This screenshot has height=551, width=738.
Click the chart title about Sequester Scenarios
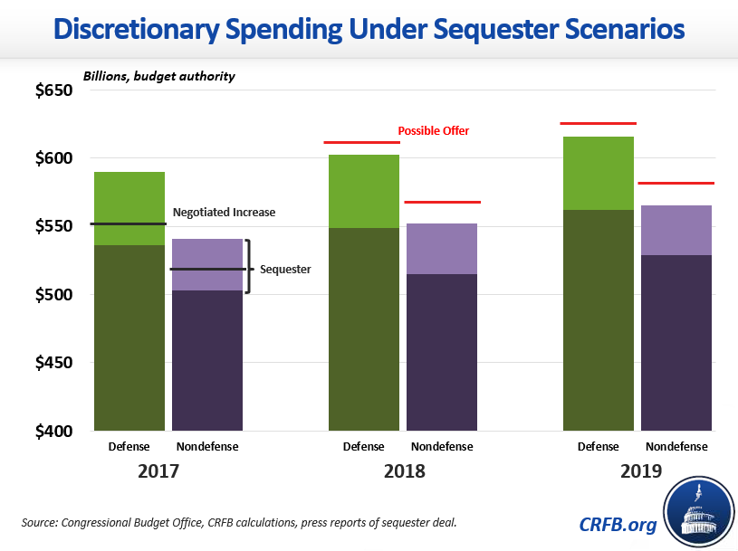coord(369,29)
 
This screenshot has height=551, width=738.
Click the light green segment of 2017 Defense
coord(129,208)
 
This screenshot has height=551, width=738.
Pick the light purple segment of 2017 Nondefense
coord(207,264)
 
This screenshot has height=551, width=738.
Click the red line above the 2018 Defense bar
coord(361,142)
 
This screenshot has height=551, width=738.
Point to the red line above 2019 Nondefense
coord(676,184)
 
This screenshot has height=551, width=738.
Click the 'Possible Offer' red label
coord(434,131)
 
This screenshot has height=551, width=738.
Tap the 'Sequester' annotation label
coord(285,269)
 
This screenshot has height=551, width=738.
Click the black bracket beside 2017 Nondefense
coord(248,266)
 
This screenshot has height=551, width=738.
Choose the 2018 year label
coord(403,471)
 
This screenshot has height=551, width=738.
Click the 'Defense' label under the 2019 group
coord(598,447)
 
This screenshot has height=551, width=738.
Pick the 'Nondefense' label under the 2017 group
coord(207,447)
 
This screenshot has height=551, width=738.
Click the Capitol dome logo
coord(699,514)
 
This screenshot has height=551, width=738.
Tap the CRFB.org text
coord(618,524)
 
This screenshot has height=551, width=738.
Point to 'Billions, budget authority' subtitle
coord(158,76)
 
